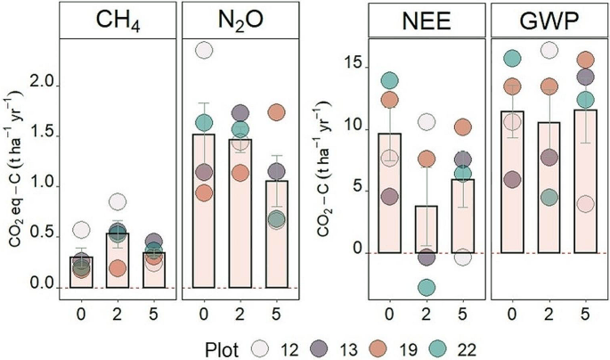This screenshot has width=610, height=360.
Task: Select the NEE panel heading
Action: [x=427, y=20]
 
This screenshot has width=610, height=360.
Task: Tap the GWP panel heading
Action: [x=548, y=20]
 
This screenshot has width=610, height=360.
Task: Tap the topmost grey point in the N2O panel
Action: [x=205, y=51]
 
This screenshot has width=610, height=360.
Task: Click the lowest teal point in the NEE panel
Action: [x=427, y=287]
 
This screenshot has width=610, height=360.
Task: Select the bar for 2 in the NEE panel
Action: [x=427, y=230]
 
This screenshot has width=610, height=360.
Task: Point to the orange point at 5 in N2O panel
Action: [x=277, y=113]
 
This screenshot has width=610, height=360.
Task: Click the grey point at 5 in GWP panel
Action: [x=584, y=204]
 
